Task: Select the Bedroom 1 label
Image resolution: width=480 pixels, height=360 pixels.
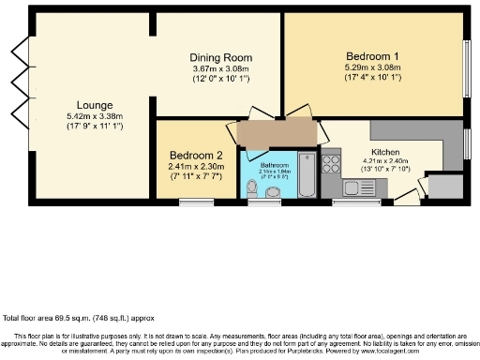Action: (x=373, y=56)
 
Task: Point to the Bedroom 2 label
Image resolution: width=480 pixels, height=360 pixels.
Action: (x=196, y=155)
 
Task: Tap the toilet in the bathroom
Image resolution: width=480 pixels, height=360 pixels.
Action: (x=250, y=190)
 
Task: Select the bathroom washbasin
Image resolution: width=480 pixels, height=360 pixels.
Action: (x=273, y=192)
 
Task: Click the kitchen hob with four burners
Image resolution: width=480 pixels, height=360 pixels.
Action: (x=331, y=164)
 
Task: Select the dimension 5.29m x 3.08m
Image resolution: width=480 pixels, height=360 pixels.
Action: (x=373, y=67)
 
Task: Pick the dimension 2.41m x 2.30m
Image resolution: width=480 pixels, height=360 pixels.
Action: (x=196, y=166)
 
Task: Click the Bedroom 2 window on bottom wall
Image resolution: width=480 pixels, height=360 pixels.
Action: (x=195, y=202)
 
